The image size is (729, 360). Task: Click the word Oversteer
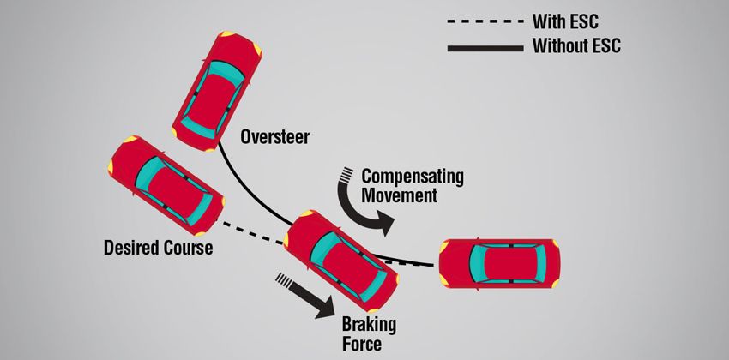point(274,137)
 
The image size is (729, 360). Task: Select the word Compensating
point(412,177)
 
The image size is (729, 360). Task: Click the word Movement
point(399,195)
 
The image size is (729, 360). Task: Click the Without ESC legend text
point(576,46)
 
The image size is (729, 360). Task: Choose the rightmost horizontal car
point(500,261)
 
